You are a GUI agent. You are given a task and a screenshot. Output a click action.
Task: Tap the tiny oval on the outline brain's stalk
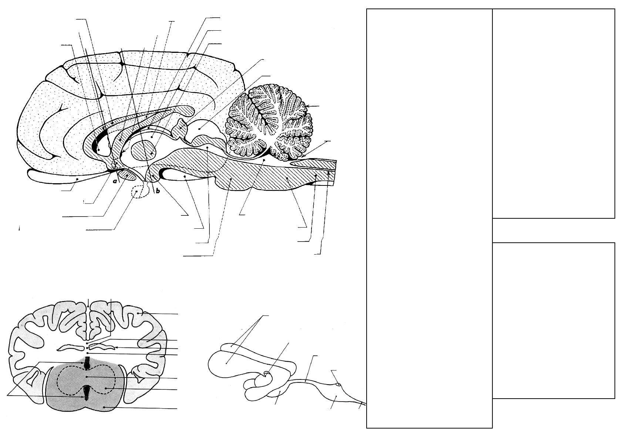tap(338, 385)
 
